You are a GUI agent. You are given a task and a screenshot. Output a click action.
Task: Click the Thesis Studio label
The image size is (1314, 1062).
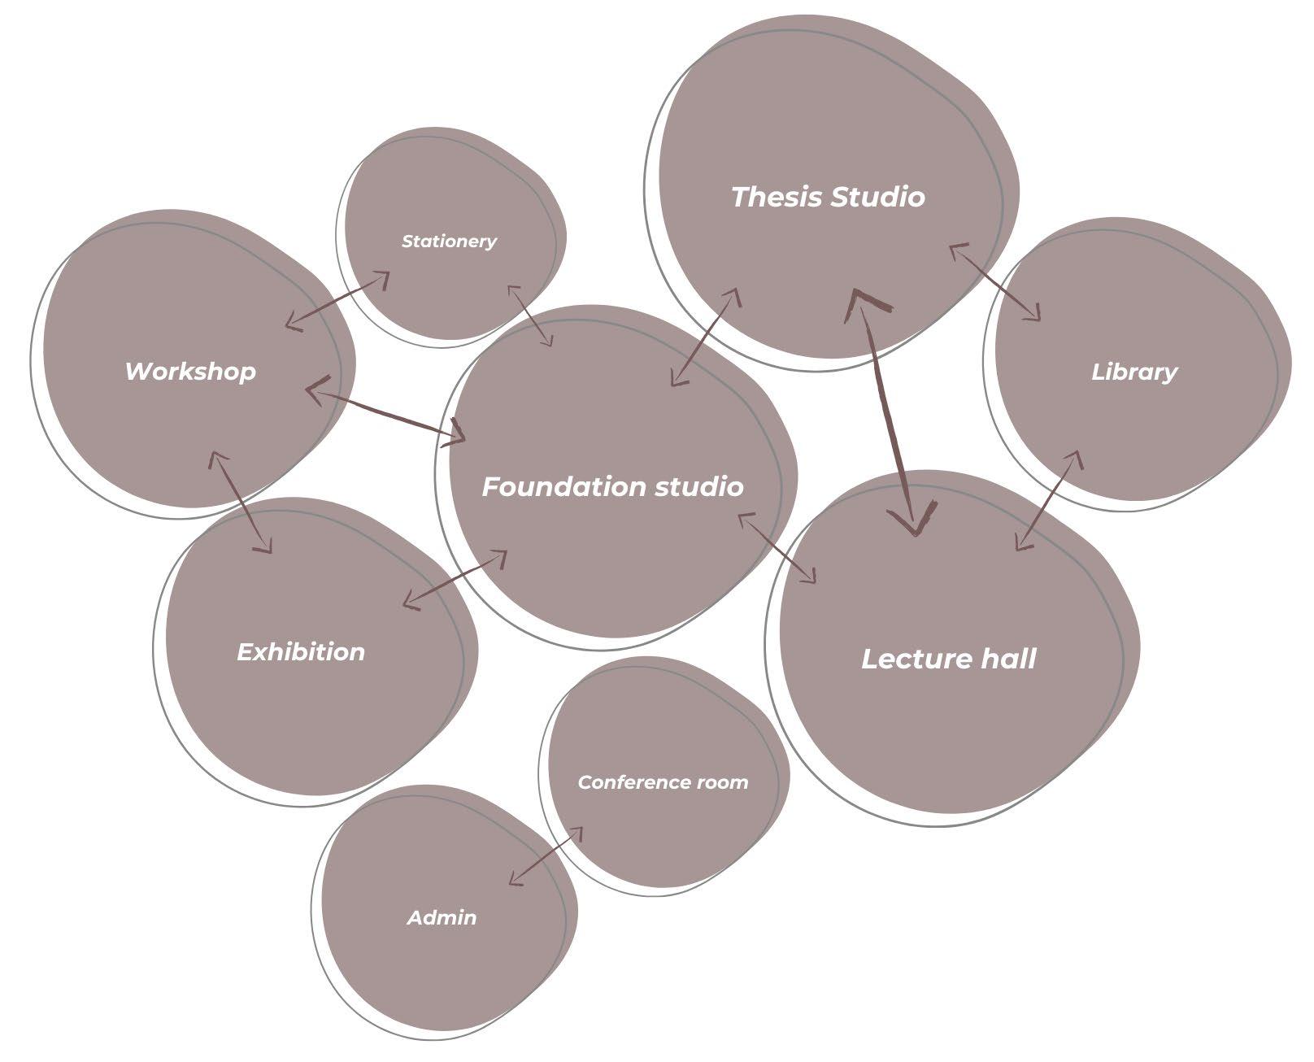pos(828,197)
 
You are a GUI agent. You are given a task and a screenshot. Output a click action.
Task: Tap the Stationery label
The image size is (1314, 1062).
pos(449,242)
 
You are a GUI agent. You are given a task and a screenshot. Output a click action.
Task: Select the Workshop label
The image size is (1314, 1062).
pos(190,372)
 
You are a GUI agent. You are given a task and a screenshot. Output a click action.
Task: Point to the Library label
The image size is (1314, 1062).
pos(1133,372)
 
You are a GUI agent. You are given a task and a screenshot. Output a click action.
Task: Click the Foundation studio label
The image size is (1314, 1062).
pos(612,487)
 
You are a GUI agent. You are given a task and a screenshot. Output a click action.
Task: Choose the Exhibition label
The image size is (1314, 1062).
pos(300,652)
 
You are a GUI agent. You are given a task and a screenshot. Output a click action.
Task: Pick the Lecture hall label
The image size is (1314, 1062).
pos(948,659)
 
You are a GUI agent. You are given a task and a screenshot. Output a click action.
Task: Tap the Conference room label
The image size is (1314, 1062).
pos(663,782)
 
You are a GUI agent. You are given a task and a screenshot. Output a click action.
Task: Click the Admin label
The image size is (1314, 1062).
pos(442,918)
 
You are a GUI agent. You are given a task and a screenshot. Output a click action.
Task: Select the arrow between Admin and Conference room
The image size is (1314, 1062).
pos(546,856)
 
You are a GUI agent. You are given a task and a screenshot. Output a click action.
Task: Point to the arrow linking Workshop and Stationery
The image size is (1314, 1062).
pos(337,301)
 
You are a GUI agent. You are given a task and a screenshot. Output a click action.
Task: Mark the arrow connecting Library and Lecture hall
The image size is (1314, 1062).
pos(1049,501)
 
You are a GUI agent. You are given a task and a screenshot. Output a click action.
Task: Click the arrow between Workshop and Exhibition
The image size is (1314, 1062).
pos(241,503)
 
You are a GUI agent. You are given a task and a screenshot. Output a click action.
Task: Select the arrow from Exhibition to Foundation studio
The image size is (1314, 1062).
pos(455,579)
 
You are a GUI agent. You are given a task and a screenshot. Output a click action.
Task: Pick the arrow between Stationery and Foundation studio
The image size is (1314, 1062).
pos(530,316)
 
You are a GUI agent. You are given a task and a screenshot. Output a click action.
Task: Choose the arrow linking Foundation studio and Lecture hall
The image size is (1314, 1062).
pos(777,548)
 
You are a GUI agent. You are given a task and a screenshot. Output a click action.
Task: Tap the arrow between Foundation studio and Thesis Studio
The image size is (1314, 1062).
pos(706,337)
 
